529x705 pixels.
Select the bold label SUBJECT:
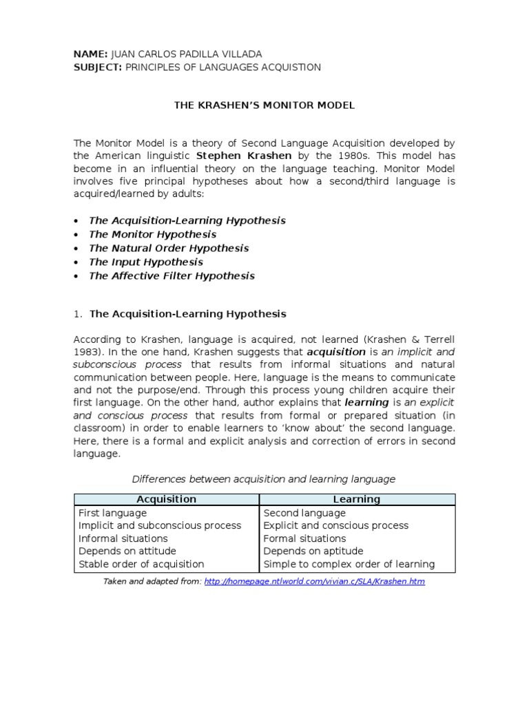(x=98, y=67)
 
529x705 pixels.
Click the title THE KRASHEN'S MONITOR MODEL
(x=264, y=105)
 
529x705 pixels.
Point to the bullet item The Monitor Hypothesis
(x=152, y=234)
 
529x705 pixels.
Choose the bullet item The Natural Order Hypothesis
(x=169, y=248)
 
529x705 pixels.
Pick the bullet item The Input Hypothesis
(x=145, y=262)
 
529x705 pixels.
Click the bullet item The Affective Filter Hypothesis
(x=172, y=275)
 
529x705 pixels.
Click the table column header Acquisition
(x=166, y=499)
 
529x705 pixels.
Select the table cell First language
(x=112, y=513)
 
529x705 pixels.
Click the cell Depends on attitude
(x=127, y=551)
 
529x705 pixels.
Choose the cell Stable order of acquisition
(x=141, y=564)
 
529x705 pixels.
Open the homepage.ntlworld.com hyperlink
(x=314, y=582)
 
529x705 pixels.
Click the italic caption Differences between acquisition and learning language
(x=264, y=478)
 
